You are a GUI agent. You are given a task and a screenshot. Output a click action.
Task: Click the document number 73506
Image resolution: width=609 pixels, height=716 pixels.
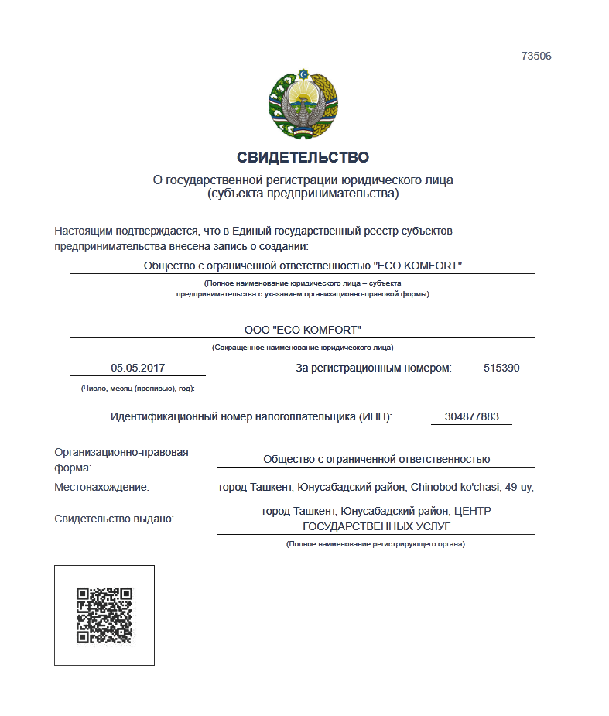coord(536,56)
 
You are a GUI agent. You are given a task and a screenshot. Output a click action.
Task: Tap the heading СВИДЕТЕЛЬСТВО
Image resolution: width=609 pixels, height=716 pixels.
coord(303,158)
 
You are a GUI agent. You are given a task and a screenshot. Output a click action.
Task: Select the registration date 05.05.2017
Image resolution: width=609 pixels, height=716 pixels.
coord(138,368)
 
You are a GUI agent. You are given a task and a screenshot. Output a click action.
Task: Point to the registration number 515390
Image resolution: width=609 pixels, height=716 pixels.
coord(501,368)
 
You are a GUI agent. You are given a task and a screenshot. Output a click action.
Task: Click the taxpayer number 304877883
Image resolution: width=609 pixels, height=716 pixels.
coord(471,416)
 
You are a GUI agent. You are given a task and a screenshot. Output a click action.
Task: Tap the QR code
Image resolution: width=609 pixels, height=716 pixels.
coord(104,615)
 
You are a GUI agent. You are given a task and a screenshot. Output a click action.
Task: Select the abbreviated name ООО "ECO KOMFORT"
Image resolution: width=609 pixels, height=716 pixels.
coord(303,329)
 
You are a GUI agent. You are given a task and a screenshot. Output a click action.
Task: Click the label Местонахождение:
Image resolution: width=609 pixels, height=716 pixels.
coord(101,488)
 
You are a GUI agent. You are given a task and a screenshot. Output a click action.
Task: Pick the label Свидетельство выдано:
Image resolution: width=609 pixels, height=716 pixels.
coord(114,519)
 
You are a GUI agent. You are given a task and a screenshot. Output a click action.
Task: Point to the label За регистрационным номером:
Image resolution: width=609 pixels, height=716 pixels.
coord(374,368)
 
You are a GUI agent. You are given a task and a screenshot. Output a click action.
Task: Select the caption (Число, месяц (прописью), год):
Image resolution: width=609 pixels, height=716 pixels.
coord(138,388)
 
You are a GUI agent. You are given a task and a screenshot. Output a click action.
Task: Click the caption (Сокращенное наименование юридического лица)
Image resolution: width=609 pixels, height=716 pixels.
coord(303,348)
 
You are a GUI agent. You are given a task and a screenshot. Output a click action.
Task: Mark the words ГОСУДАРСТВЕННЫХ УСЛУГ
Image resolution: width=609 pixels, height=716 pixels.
coord(376,526)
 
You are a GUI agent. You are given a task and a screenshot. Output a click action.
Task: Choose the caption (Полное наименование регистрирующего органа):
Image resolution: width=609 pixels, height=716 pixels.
coord(376,545)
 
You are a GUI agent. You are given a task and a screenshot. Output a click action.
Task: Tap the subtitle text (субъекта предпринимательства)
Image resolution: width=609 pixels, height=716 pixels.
coord(303,194)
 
